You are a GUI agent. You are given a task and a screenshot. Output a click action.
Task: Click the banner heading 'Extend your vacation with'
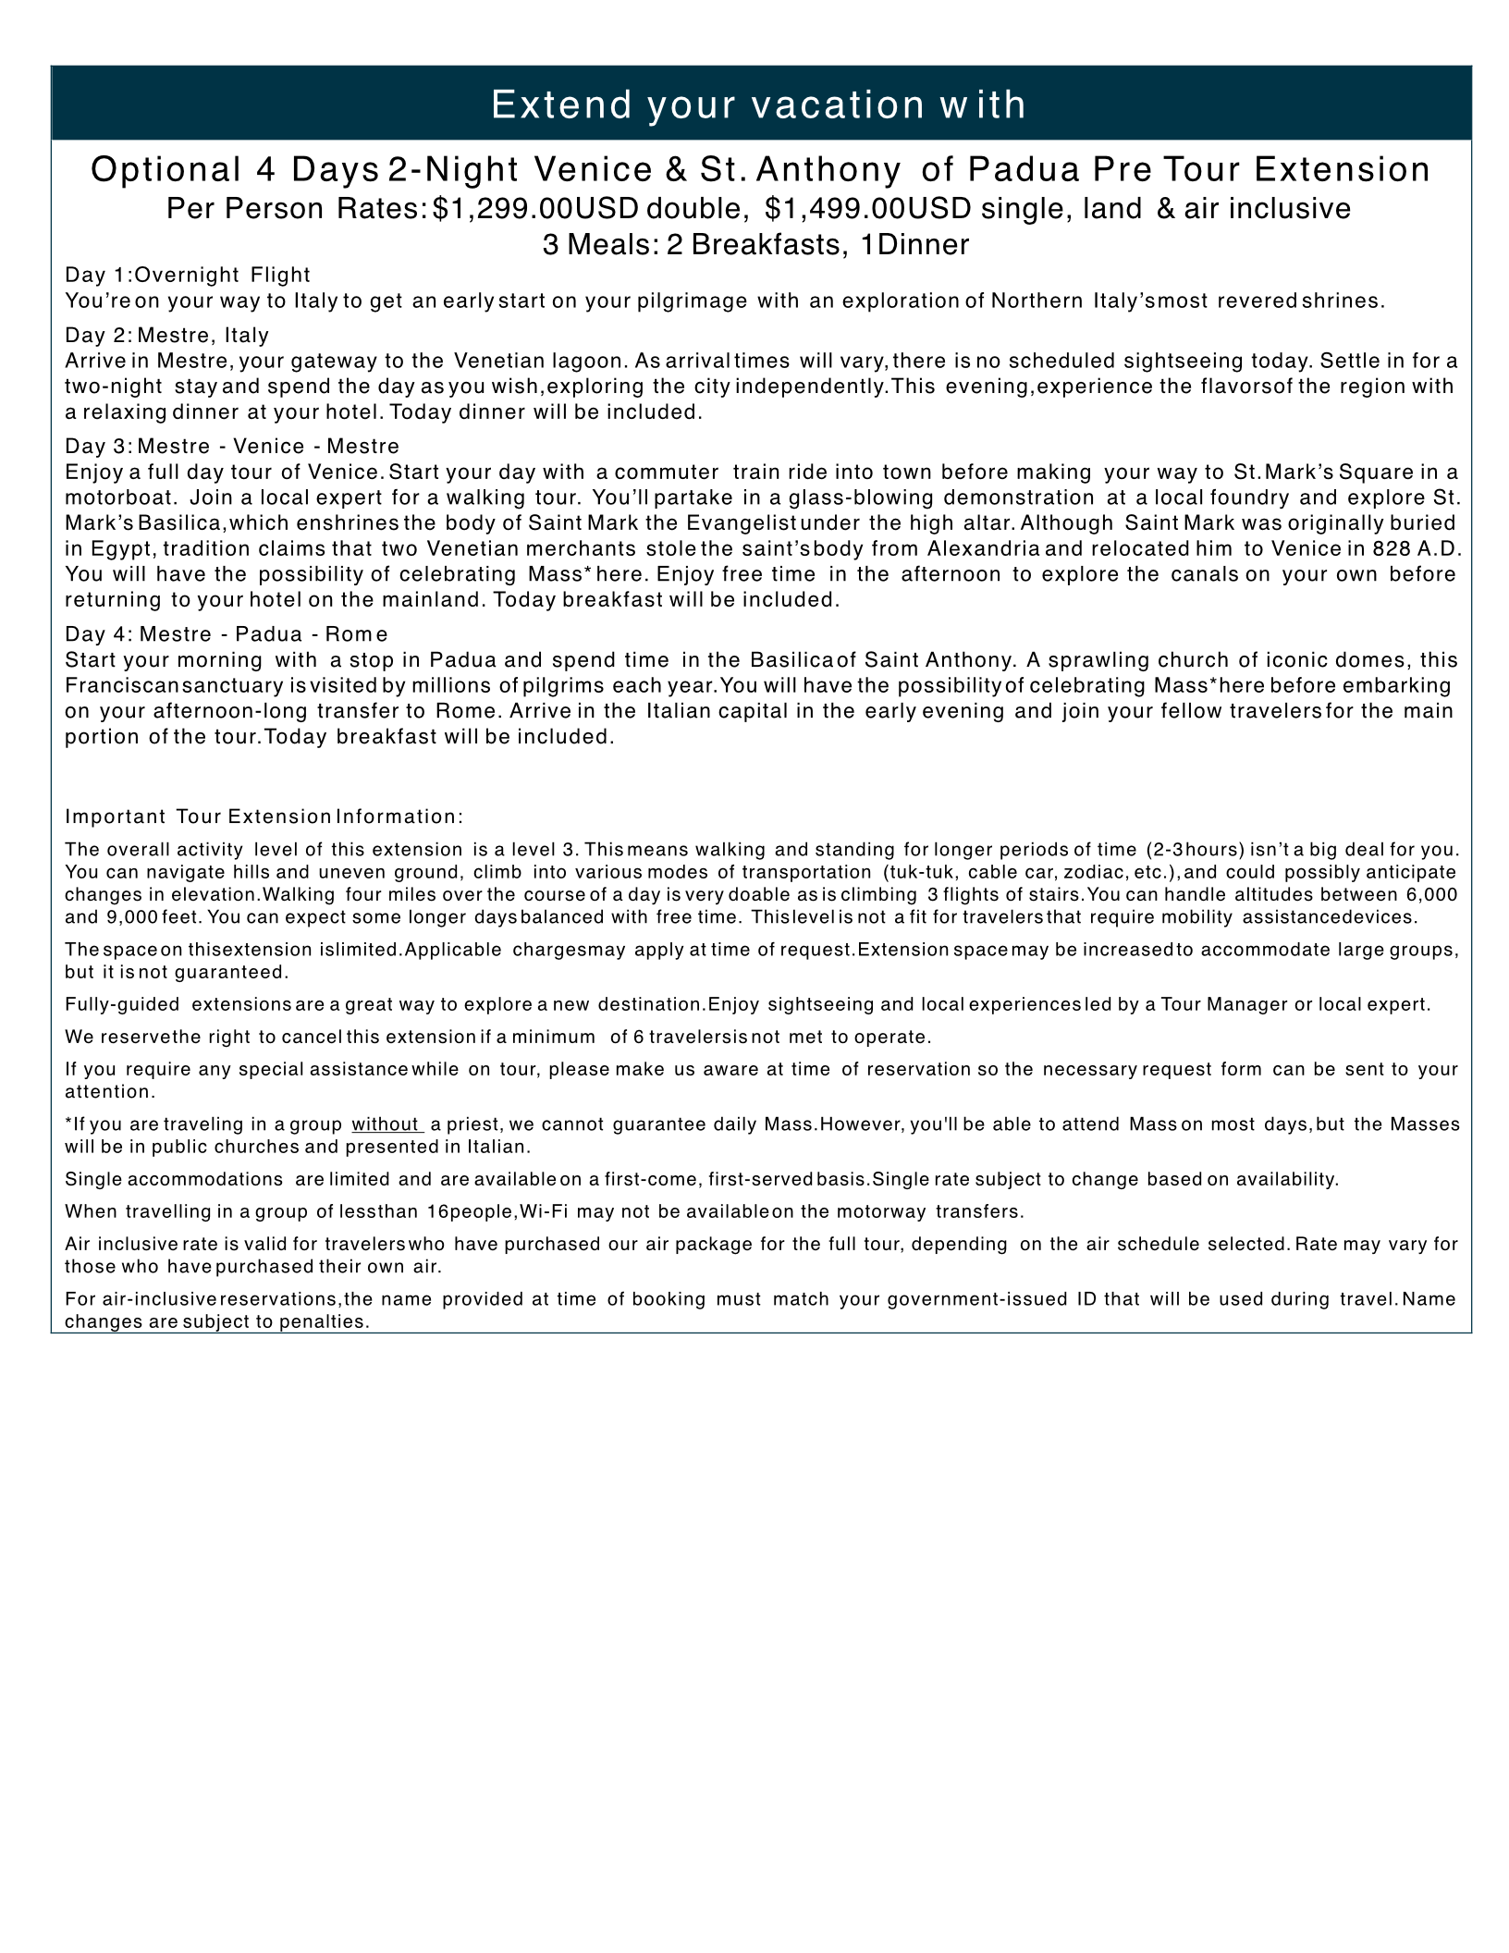coord(758,104)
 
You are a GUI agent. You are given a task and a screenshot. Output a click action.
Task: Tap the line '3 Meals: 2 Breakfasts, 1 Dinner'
coord(755,244)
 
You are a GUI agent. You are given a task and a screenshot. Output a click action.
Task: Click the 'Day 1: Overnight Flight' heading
coord(188,275)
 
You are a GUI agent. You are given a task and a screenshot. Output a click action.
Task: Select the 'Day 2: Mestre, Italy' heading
coord(167,335)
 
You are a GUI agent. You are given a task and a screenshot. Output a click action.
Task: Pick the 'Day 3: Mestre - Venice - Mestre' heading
coord(232,447)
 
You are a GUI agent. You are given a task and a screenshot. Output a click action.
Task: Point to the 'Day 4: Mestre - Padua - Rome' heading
coord(227,633)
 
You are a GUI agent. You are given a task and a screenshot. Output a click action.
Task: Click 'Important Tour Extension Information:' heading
coord(264,817)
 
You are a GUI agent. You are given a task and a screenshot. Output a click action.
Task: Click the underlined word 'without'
coord(386,1124)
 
